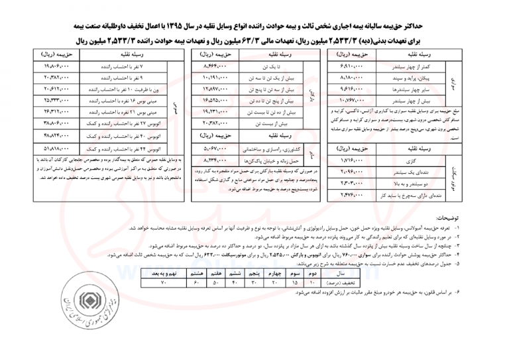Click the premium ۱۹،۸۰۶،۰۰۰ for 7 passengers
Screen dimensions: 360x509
[x=61, y=67]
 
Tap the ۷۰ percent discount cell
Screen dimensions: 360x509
[x=163, y=282]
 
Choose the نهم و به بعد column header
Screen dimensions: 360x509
[x=163, y=272]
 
